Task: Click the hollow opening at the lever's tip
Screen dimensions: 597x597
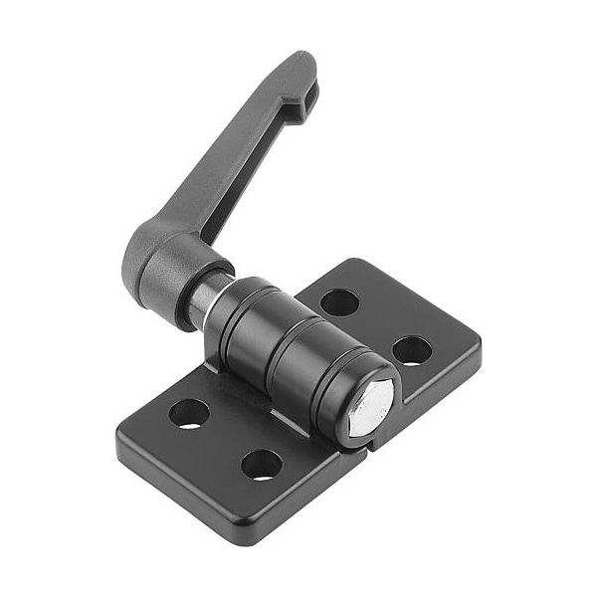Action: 309,94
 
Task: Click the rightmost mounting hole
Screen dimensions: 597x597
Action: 412,349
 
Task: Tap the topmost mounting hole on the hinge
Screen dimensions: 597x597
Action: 340,302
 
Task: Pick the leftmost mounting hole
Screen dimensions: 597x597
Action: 189,413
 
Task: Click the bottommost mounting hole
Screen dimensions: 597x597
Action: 261,465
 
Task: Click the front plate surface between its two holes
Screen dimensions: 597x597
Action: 225,439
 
